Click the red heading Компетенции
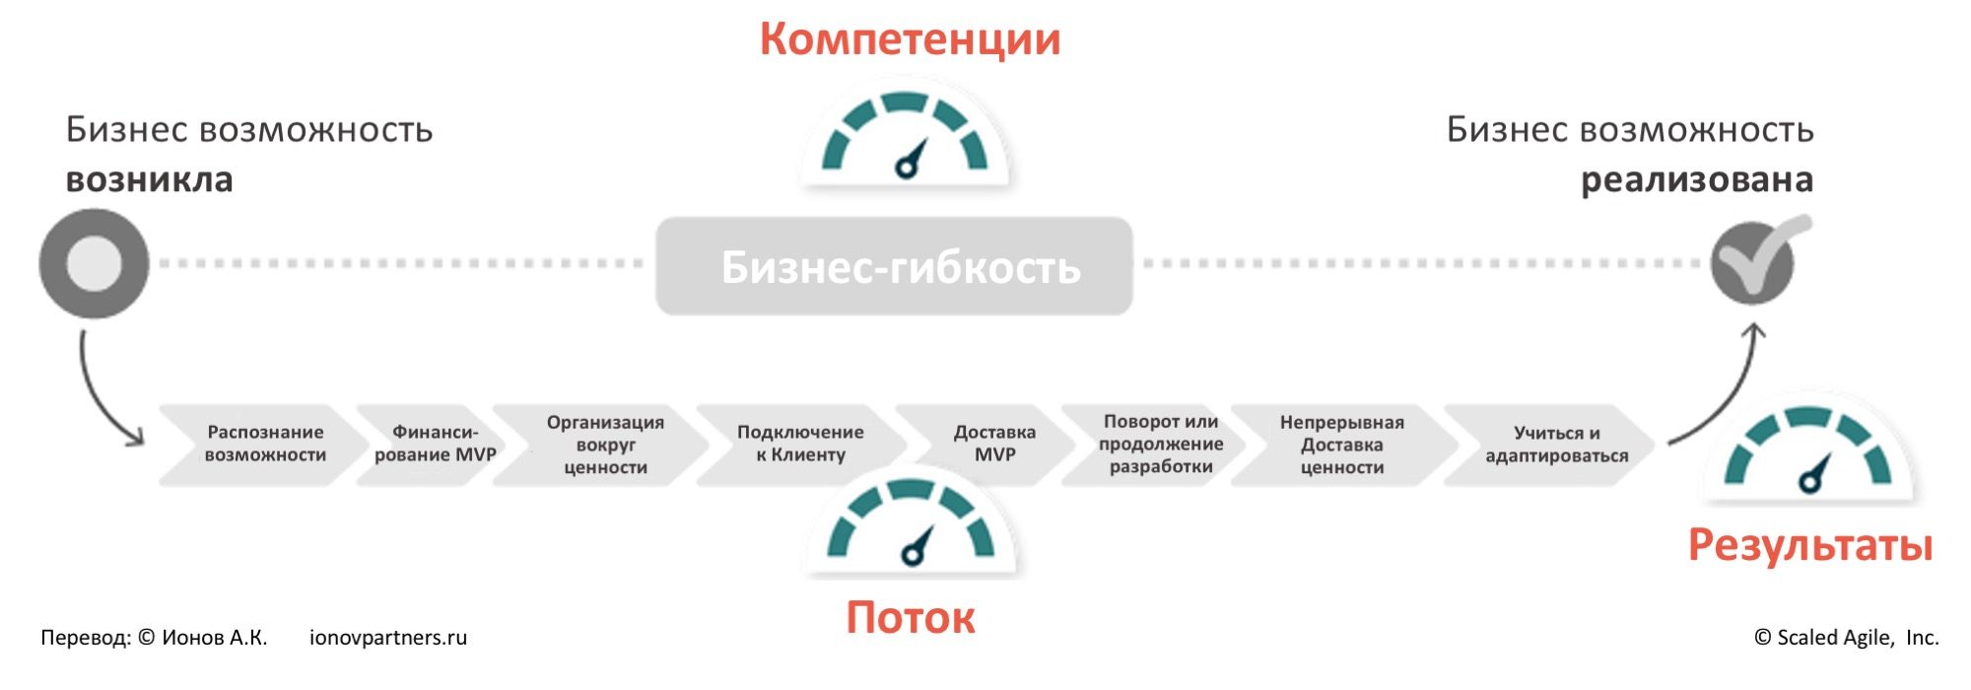(910, 39)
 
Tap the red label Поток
(911, 618)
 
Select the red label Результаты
(1810, 545)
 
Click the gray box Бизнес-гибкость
(894, 266)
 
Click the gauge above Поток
(912, 526)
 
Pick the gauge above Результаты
(1807, 454)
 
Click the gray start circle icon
(94, 263)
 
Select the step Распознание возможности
(265, 444)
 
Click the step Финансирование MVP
(435, 444)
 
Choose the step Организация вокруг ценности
(605, 445)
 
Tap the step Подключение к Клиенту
(800, 444)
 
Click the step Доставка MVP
(994, 444)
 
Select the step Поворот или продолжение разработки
(1161, 445)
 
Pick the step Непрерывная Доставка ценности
(1341, 445)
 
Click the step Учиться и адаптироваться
(1556, 445)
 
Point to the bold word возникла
(150, 180)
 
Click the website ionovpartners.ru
(388, 638)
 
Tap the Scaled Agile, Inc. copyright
(1846, 638)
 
